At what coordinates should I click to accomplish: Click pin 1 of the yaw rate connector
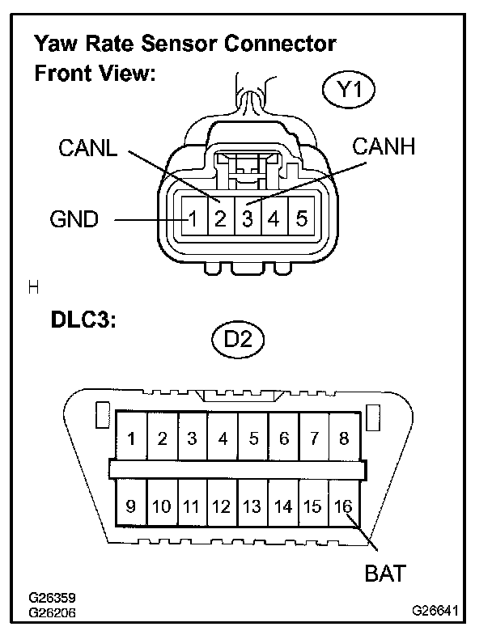point(194,218)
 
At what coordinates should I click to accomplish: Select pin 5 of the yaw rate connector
point(301,218)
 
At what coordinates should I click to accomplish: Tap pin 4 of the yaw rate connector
point(274,218)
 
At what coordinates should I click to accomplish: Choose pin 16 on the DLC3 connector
point(343,507)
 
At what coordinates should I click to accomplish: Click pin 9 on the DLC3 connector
point(131,507)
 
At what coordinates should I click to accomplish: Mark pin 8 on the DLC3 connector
point(344,439)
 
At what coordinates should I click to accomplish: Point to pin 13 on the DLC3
point(252,507)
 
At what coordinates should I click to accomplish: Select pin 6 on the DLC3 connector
point(283,439)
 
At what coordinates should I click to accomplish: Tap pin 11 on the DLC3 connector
point(191,507)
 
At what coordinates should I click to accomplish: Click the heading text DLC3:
point(79,319)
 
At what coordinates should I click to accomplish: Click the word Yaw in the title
point(53,42)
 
